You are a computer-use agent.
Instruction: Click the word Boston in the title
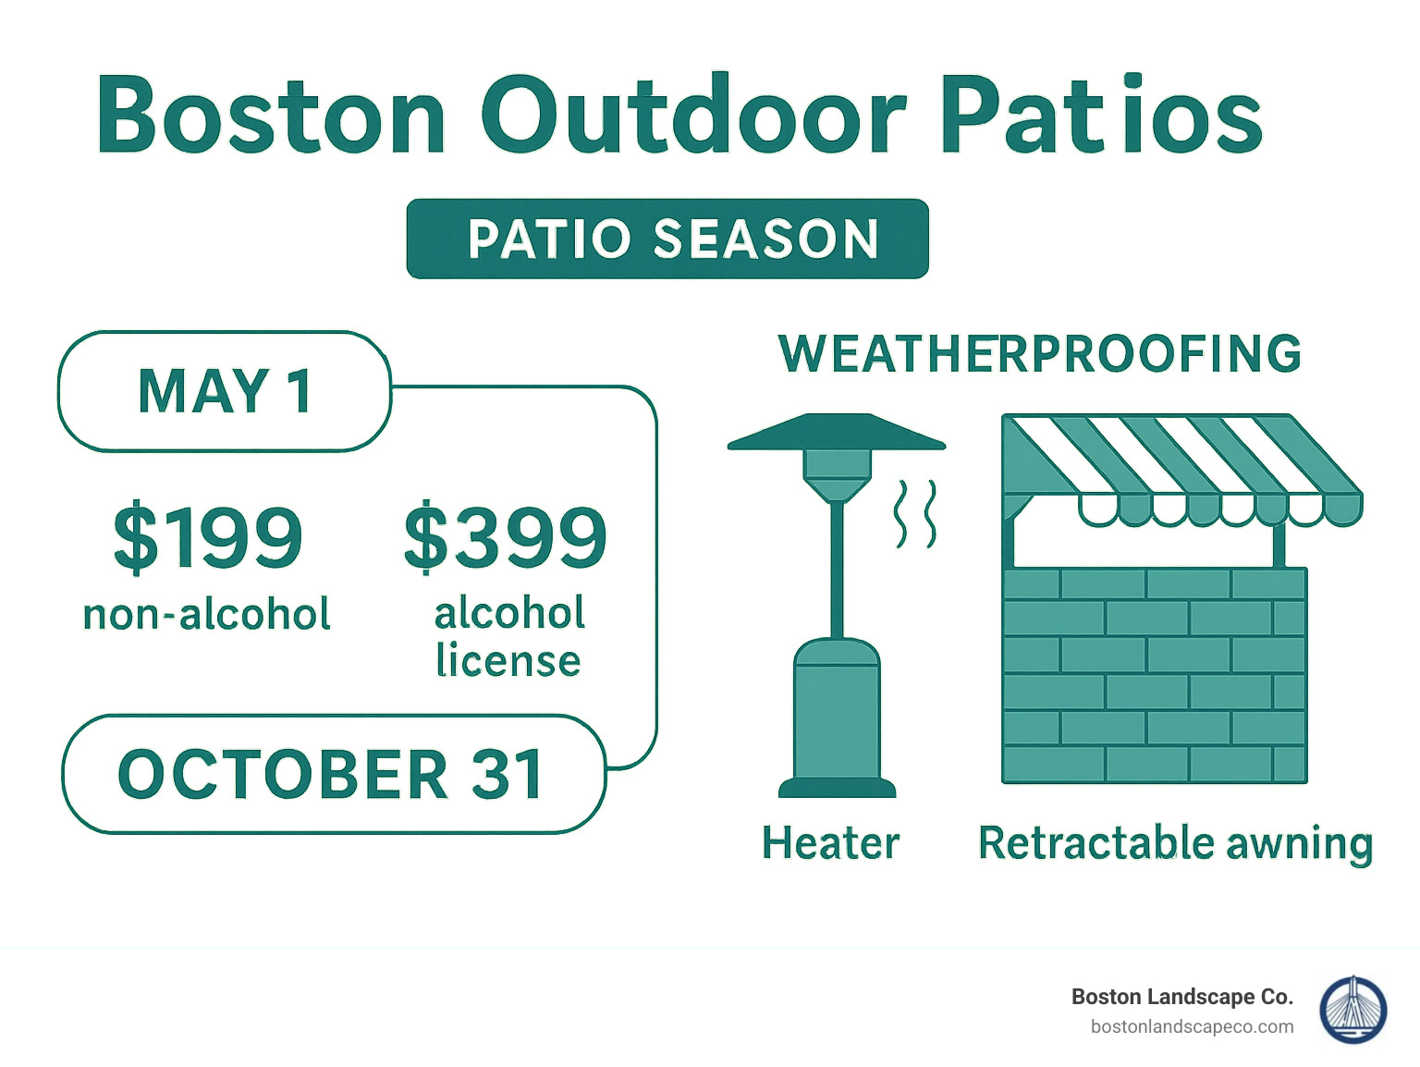(271, 116)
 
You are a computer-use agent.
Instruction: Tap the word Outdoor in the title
(693, 116)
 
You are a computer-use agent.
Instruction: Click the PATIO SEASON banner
(667, 239)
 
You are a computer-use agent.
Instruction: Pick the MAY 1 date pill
(225, 391)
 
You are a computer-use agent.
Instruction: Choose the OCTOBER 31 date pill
(333, 774)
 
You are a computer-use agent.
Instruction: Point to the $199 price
(208, 538)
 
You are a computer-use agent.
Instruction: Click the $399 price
(506, 538)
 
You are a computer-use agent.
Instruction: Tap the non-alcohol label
(207, 615)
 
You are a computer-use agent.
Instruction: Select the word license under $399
(508, 661)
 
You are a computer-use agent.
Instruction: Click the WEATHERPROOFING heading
(1040, 354)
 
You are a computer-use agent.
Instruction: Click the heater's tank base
(837, 712)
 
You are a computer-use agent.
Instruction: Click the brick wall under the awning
(1155, 675)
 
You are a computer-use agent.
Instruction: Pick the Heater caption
(830, 843)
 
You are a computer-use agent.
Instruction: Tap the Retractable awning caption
(1175, 843)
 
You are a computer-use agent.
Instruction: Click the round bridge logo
(1353, 1010)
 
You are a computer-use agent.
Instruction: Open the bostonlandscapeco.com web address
(1192, 1027)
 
